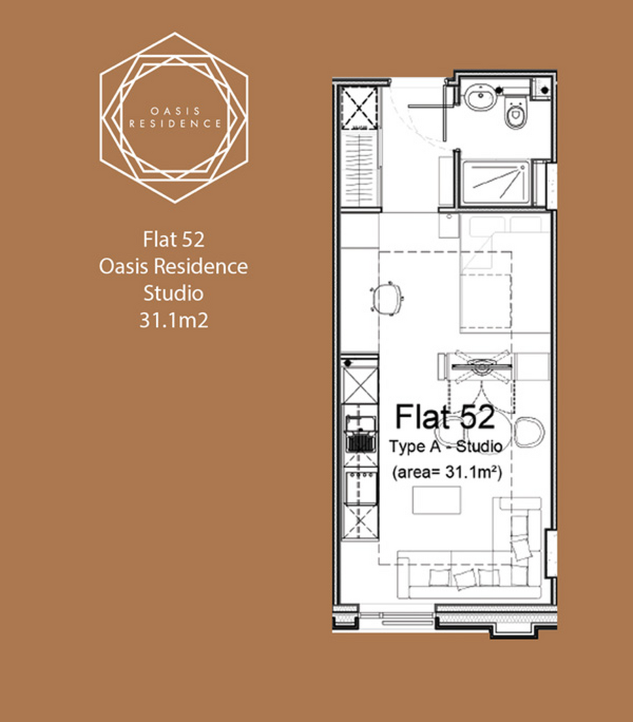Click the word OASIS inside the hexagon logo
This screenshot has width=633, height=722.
click(x=176, y=111)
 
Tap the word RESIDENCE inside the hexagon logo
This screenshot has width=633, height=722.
click(x=176, y=123)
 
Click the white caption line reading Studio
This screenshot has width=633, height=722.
click(x=173, y=293)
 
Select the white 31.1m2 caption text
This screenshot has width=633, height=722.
click(x=173, y=320)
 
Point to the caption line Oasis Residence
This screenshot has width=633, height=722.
click(x=173, y=266)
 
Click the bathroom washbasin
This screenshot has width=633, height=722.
click(x=480, y=97)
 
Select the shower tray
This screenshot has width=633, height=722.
click(x=496, y=183)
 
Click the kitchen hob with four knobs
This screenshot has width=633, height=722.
click(x=360, y=487)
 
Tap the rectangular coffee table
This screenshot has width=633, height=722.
click(x=436, y=500)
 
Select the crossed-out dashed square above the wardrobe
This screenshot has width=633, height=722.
click(x=359, y=109)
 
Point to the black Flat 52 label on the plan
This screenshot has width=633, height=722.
click(x=445, y=417)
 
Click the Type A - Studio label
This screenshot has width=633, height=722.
click(x=445, y=446)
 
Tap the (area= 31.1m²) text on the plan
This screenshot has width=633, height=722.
click(x=446, y=472)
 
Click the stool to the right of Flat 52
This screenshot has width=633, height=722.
click(x=529, y=432)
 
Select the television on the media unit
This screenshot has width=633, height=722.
click(x=481, y=367)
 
